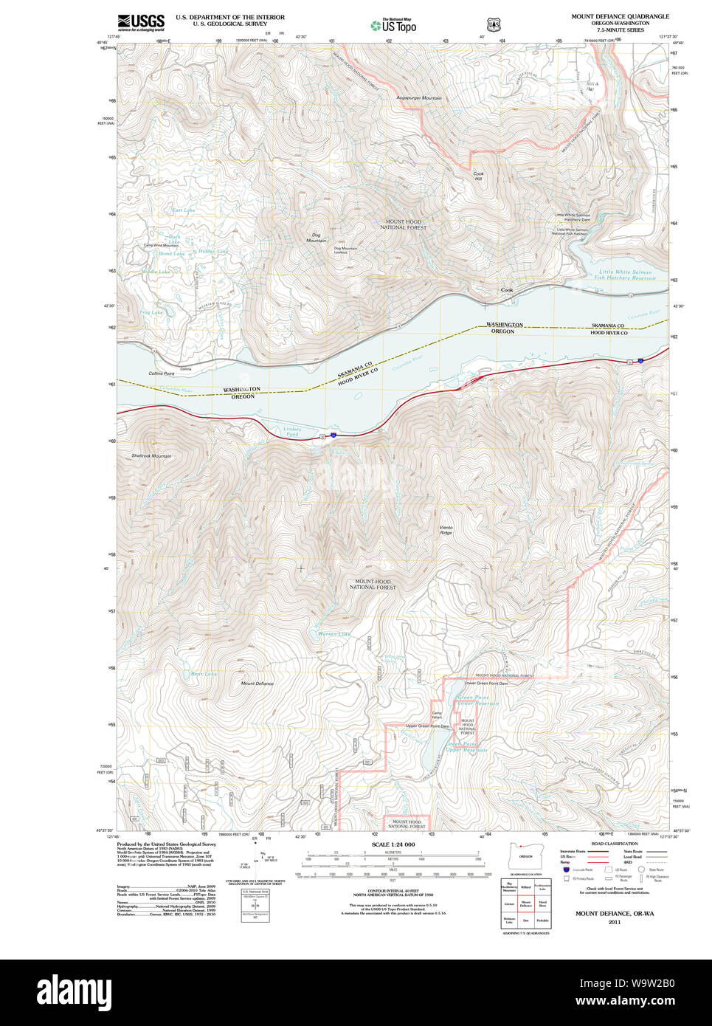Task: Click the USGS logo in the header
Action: tap(141, 22)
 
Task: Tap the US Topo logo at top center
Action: tap(394, 25)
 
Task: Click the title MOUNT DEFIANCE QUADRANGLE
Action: tap(620, 16)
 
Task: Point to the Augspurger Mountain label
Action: tap(419, 98)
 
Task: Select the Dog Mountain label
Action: tap(316, 238)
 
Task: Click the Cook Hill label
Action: tap(478, 176)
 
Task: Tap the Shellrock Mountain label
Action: tap(151, 456)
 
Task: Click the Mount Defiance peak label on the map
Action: tap(257, 684)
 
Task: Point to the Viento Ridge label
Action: tap(446, 530)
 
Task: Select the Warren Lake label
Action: tap(333, 634)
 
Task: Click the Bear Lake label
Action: tap(204, 674)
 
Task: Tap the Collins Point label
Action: tap(162, 373)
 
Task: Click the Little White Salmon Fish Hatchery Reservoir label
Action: tap(624, 275)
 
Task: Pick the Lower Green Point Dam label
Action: tap(485, 684)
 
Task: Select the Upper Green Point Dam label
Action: tap(427, 726)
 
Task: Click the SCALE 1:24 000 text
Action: tap(393, 844)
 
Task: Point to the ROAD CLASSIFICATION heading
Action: tap(614, 844)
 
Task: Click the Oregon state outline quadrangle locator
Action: tap(525, 856)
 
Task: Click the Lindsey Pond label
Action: tap(293, 432)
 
